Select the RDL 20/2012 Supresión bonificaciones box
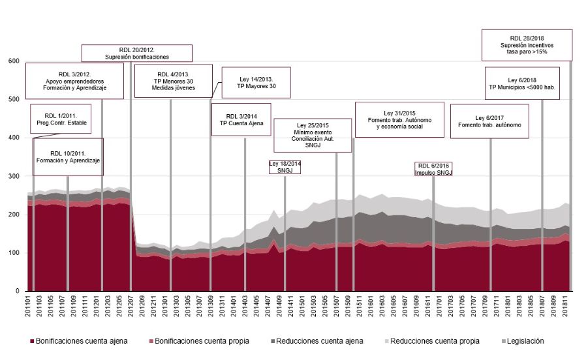coord(137,53)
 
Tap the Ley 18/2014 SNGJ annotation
coord(285,167)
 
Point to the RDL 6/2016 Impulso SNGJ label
coord(434,170)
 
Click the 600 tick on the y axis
coord(14,61)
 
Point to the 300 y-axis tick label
coord(14,176)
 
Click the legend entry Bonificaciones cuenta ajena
coord(78,341)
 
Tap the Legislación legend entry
coord(521,341)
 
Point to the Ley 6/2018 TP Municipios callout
coord(522,83)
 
